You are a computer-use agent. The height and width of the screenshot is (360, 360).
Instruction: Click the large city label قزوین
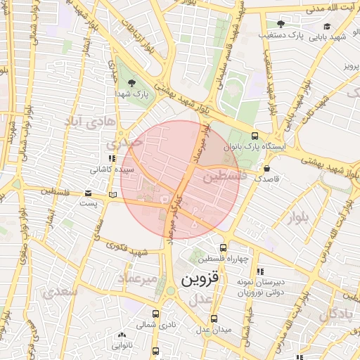click(x=200, y=278)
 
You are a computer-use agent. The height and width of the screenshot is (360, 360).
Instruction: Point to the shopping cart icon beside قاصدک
click(x=266, y=169)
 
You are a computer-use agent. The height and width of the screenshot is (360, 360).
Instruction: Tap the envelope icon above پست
click(x=88, y=193)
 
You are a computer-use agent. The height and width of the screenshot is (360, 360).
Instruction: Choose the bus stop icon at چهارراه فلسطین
click(x=223, y=247)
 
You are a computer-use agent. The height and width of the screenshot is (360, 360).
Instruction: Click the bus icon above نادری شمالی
click(x=155, y=314)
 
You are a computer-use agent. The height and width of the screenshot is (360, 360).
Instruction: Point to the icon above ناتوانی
click(x=122, y=335)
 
